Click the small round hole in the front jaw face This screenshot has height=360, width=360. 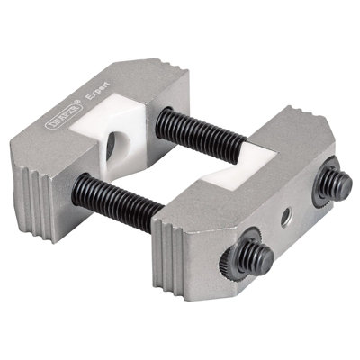click(285, 214)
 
